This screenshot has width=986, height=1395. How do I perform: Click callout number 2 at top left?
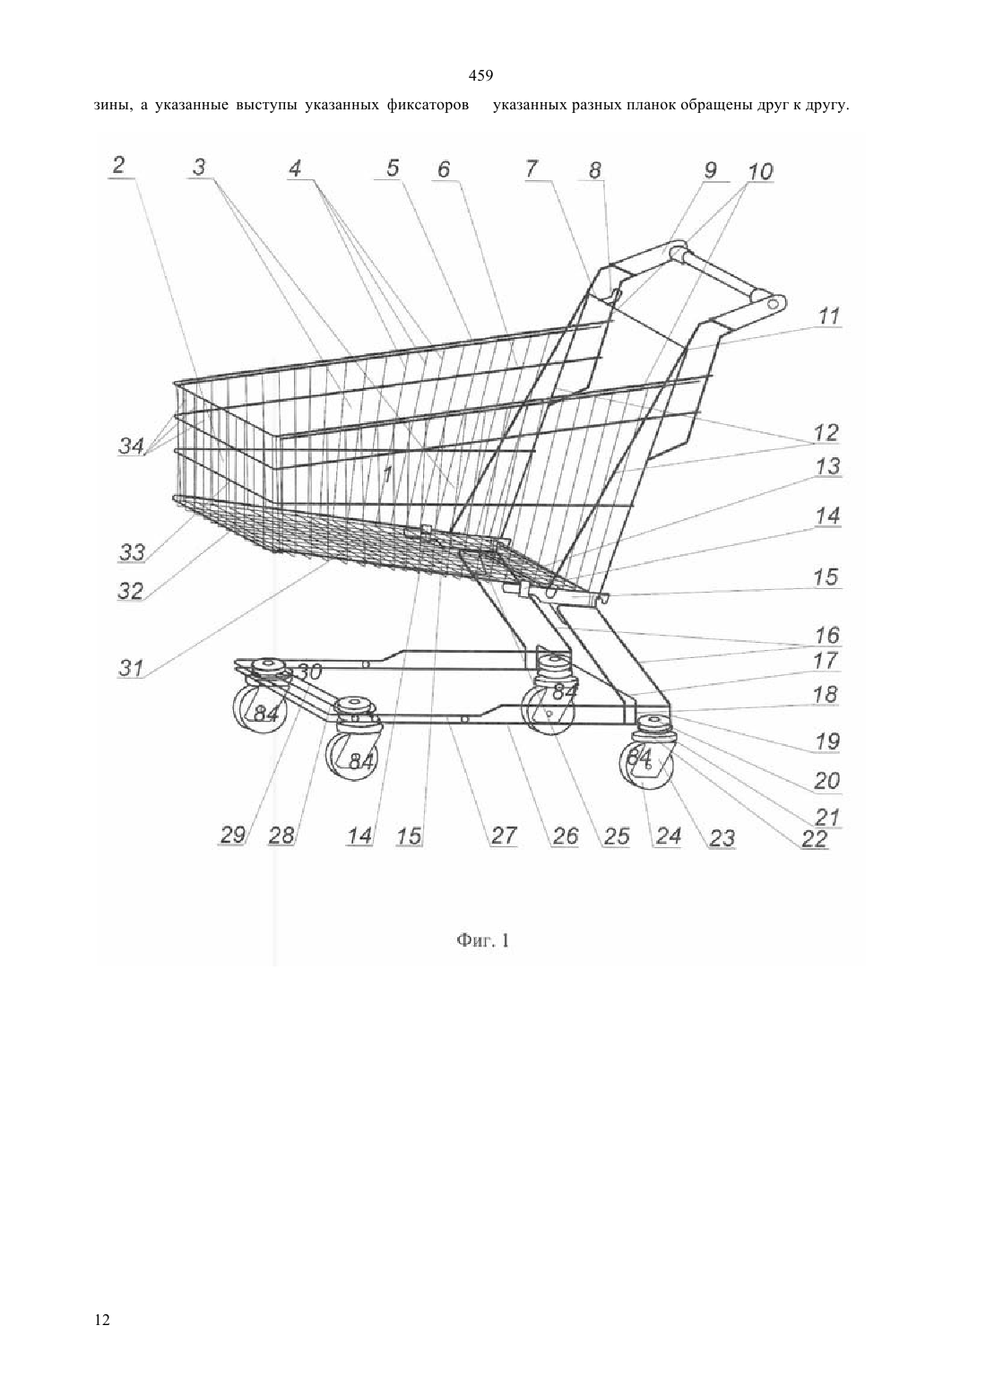click(x=119, y=166)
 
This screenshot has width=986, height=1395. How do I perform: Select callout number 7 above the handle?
click(x=531, y=169)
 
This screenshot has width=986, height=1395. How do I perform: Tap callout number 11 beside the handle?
click(x=828, y=316)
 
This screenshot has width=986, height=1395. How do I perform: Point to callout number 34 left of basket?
click(x=132, y=446)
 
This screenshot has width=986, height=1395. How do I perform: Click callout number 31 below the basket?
click(x=132, y=668)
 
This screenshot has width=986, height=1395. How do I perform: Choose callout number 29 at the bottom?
click(x=233, y=836)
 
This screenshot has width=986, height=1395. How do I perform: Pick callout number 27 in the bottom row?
click(x=504, y=836)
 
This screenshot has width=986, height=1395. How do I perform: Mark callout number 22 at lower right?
click(x=814, y=839)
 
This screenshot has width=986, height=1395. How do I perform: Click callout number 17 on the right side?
click(x=826, y=660)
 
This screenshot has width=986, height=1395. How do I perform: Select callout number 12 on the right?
click(x=826, y=432)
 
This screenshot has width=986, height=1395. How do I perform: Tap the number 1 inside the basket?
click(x=386, y=475)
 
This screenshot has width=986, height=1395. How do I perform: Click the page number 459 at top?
click(x=480, y=76)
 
